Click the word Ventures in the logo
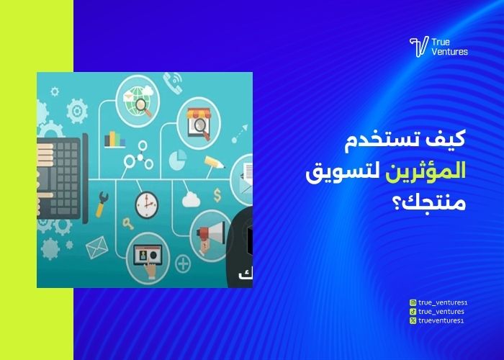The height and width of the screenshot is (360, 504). point(450,52)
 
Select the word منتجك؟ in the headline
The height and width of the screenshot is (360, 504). point(438,204)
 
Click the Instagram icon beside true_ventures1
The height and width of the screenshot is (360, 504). point(413,303)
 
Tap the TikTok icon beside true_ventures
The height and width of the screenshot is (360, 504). point(413,311)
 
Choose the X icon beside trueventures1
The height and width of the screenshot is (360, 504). point(413,320)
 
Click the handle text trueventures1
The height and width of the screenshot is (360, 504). point(441,320)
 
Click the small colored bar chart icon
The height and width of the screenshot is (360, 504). point(114,139)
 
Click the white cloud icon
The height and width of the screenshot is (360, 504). point(192,199)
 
